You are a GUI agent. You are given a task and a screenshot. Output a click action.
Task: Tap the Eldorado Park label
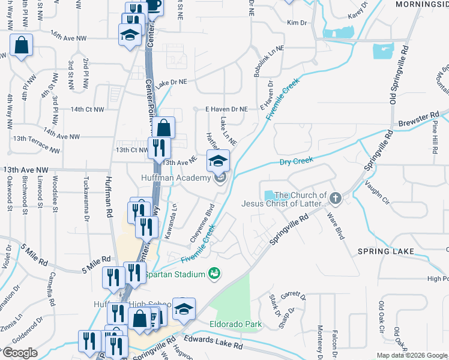(x=235, y=325)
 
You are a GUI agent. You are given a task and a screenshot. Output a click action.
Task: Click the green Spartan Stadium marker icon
(x=214, y=274)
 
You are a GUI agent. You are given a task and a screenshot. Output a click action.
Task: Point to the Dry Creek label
(x=297, y=161)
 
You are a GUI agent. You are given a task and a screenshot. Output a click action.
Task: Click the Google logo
(x=20, y=353)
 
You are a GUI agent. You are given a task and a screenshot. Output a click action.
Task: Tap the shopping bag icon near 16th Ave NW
(x=22, y=46)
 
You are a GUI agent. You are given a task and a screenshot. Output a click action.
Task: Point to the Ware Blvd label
(x=336, y=225)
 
